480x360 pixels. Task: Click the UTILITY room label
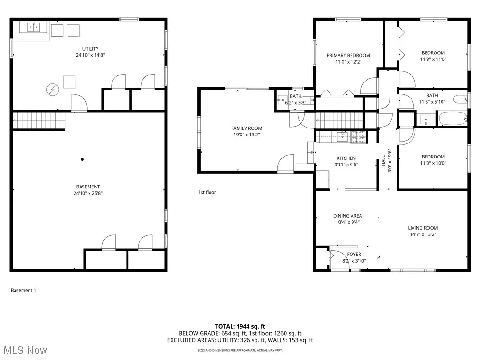click(x=90, y=49)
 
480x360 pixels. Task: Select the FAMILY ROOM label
click(x=247, y=128)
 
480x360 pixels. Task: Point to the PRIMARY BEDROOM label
click(x=348, y=55)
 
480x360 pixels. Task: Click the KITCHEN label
click(x=346, y=158)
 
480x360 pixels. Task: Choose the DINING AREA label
click(x=347, y=216)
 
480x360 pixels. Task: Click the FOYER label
click(x=354, y=254)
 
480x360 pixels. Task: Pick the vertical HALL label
click(x=383, y=161)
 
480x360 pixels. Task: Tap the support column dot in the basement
click(x=82, y=159)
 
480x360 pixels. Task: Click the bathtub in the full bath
click(x=452, y=118)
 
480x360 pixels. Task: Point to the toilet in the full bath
click(x=463, y=98)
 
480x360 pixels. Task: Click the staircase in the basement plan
click(x=38, y=120)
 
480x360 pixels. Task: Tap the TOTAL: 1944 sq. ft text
click(x=240, y=326)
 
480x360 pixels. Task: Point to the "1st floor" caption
click(x=207, y=192)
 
